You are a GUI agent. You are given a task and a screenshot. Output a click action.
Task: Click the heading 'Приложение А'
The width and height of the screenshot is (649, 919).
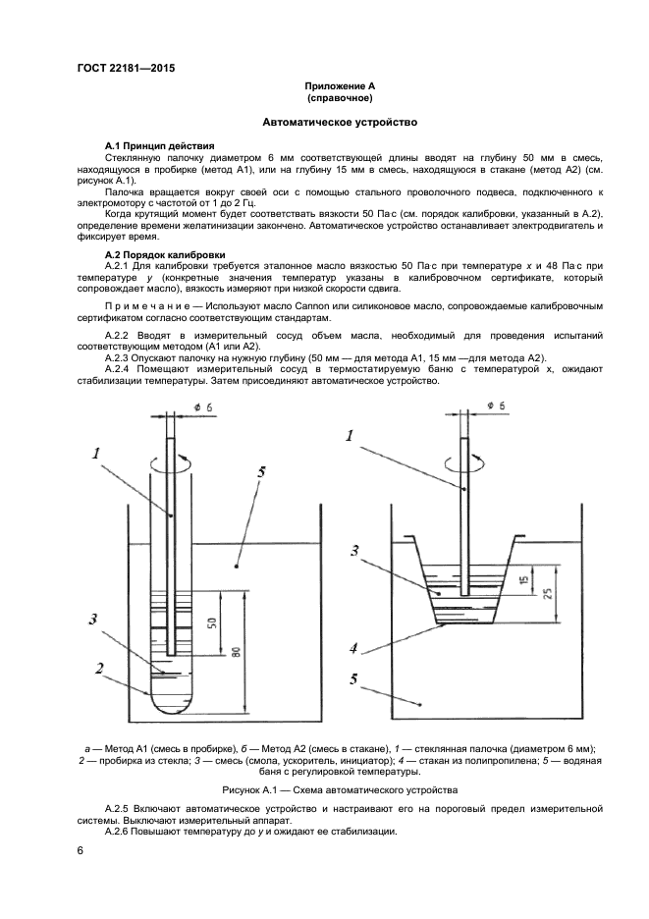point(339,86)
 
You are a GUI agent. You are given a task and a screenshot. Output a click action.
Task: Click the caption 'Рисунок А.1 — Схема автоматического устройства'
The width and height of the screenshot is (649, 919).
point(339,788)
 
